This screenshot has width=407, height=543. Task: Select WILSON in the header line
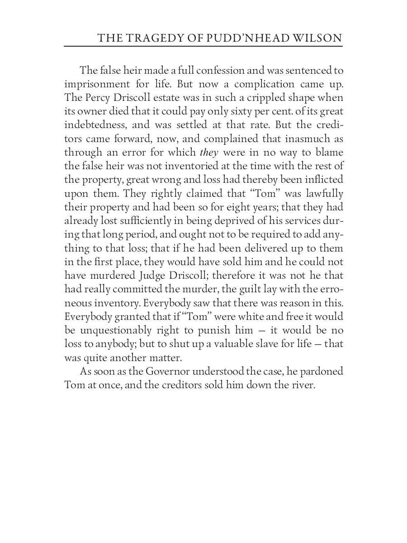pyautogui.click(x=320, y=38)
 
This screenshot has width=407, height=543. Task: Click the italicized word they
pyautogui.click(x=208, y=152)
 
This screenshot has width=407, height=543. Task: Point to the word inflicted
pyautogui.click(x=325, y=180)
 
